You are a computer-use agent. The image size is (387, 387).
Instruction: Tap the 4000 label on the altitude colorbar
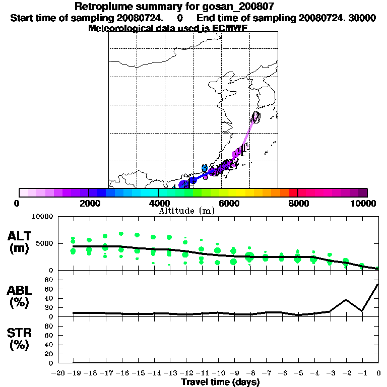pos(158,203)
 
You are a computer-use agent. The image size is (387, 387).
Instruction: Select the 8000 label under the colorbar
pos(298,203)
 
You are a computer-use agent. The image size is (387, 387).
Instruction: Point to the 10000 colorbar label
pos(365,203)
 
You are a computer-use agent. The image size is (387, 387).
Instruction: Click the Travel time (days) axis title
pos(220,382)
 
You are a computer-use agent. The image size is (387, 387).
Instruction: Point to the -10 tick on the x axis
pos(217,373)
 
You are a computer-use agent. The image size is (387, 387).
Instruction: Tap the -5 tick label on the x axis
pos(297,373)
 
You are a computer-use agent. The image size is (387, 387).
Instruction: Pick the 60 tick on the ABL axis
pos(49,289)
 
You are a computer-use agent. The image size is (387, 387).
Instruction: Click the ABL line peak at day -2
pos(346,300)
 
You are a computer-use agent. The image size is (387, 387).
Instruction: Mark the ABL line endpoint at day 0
pos(378,284)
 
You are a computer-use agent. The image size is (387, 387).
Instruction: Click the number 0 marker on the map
pos(256,117)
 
